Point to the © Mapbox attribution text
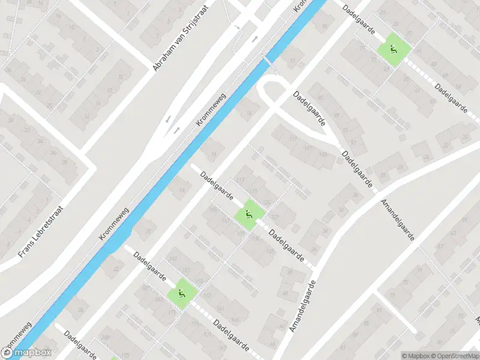[413, 356]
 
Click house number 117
[241, 181]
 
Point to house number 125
[267, 203]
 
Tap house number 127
[275, 217]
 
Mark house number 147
[173, 259]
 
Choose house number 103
[323, 154]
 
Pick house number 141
[226, 221]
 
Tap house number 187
[145, 288]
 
